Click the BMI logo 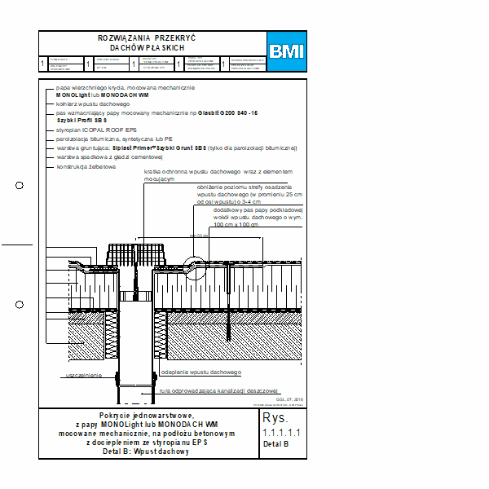pyautogui.click(x=286, y=51)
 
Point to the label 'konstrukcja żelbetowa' pyautogui.click(x=86, y=166)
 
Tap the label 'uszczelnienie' pyautogui.click(x=83, y=376)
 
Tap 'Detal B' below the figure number pyautogui.click(x=275, y=445)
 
